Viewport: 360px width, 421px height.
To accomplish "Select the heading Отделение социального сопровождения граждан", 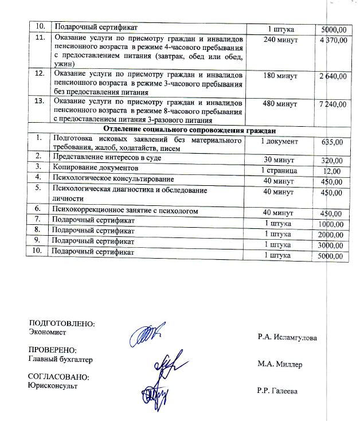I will pos(187,130).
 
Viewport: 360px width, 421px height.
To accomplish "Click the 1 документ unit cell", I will pos(279,141).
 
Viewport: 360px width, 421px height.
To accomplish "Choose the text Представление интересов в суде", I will pos(107,157).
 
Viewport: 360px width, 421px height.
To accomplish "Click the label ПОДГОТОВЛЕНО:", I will pos(61,323).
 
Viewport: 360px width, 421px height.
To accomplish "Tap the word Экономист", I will pos(48,332).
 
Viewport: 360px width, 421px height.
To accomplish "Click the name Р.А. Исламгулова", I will pos(287,337).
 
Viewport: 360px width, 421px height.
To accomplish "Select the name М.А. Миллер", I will pos(280,364).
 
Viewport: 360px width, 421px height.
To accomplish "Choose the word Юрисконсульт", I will pos(53,385).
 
